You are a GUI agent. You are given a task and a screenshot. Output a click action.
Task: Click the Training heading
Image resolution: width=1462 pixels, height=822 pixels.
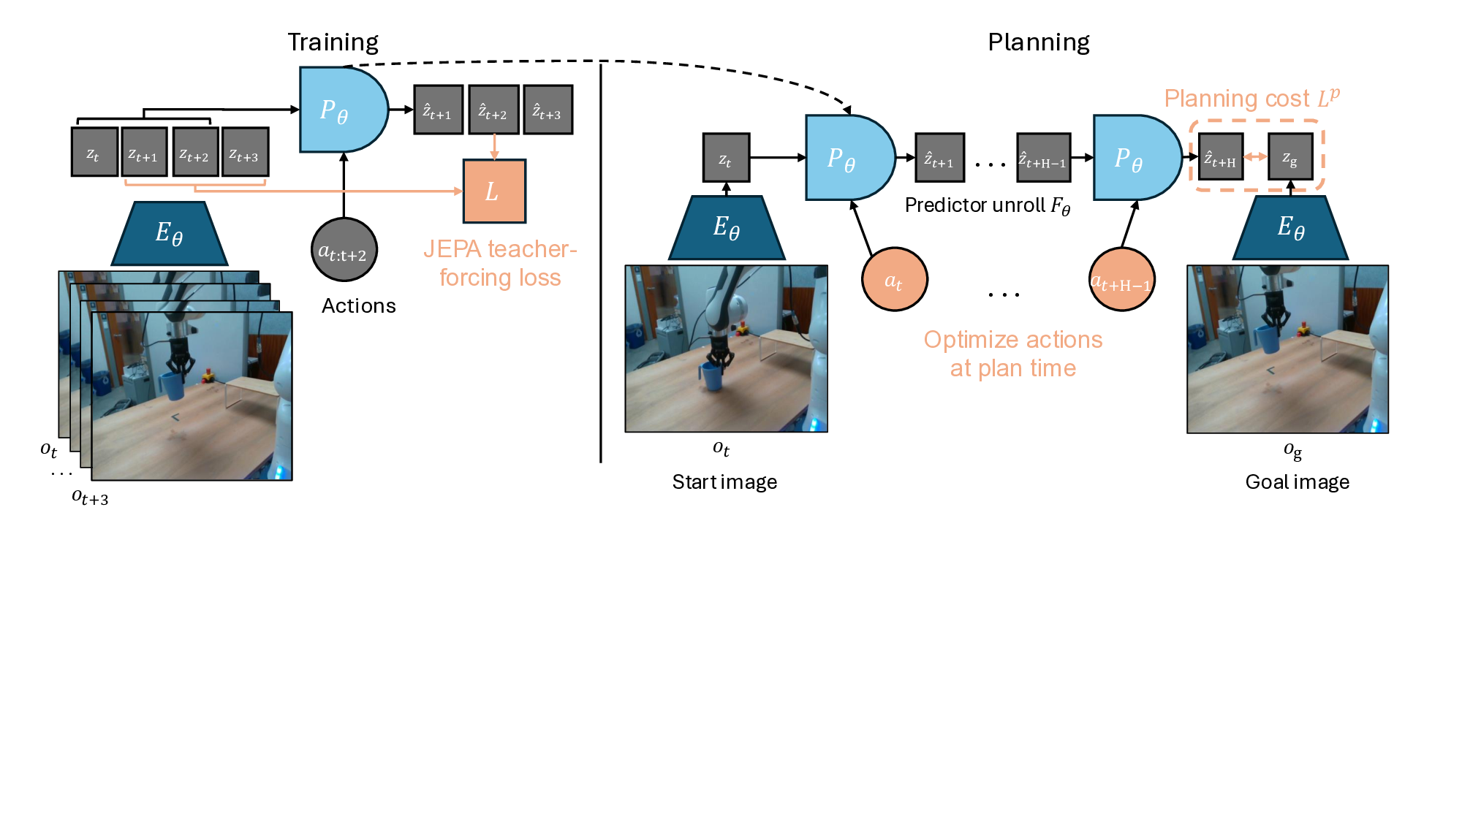[x=333, y=42]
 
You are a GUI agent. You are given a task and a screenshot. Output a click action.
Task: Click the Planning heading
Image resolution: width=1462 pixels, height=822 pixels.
[x=1038, y=42]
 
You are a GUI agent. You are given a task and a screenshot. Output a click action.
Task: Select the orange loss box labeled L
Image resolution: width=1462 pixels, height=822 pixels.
[x=494, y=191]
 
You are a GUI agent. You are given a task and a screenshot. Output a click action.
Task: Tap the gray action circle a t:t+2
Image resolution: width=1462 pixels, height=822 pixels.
[x=344, y=251]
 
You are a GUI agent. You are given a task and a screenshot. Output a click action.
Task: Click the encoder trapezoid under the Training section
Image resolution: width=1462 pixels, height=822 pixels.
[x=170, y=234]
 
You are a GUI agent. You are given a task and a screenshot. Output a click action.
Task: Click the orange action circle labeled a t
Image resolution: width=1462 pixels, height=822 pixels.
[x=894, y=280]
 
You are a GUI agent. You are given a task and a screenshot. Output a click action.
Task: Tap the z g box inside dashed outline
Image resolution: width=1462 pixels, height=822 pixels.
[x=1290, y=157]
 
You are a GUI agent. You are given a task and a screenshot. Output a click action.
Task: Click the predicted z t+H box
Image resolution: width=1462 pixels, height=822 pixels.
[x=1221, y=157]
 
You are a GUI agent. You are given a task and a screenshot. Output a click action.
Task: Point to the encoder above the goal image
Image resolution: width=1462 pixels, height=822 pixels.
[x=1290, y=228]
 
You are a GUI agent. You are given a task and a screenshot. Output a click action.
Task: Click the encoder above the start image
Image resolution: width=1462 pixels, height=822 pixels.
[x=727, y=228]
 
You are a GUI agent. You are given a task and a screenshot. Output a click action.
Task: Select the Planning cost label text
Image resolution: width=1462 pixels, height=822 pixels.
[x=1251, y=98]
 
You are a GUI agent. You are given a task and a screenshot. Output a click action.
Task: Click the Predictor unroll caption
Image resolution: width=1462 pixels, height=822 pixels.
[x=987, y=206]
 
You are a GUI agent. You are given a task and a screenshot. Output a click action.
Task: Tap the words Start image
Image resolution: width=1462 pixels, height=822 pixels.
[x=724, y=482]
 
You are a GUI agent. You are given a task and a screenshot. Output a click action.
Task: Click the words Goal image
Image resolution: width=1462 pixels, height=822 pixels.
[x=1297, y=482]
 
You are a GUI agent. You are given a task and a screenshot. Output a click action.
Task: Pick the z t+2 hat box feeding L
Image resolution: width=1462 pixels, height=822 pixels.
[x=493, y=110]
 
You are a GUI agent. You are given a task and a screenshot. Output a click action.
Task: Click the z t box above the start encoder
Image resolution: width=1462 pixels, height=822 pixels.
[x=726, y=158]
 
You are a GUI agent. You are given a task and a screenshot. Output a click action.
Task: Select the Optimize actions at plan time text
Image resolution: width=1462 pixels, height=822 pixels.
[x=1012, y=354]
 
